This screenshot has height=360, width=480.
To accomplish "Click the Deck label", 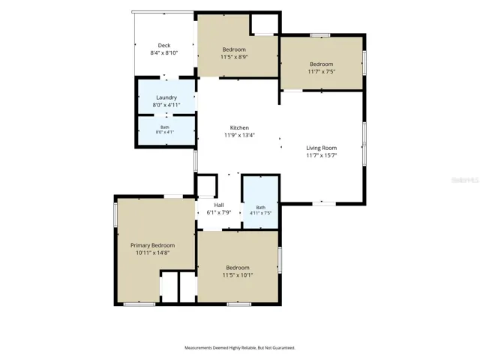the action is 164,45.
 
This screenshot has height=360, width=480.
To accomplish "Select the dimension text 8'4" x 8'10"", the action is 164,53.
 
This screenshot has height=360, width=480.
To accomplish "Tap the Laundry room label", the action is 166,97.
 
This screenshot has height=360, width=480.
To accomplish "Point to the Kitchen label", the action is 239,127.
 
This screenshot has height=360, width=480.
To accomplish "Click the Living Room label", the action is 322,148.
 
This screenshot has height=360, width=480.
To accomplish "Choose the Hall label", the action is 219,205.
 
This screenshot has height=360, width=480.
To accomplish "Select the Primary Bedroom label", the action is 153,245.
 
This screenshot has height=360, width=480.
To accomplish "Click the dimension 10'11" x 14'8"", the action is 153,253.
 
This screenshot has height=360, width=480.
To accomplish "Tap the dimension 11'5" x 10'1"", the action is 238,275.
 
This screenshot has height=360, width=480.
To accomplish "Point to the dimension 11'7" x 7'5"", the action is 322,72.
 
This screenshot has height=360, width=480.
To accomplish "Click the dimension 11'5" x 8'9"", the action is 234,57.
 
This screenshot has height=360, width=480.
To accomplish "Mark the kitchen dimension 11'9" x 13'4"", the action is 240,135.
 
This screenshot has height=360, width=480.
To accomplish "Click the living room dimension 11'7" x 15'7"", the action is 322,155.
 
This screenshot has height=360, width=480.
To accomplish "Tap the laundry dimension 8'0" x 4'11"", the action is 166,105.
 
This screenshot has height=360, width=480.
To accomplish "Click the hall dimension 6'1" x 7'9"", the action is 219,212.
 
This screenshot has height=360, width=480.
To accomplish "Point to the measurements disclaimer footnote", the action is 240,348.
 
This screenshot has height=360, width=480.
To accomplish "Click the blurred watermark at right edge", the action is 465,180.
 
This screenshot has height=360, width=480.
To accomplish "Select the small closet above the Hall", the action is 207,185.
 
